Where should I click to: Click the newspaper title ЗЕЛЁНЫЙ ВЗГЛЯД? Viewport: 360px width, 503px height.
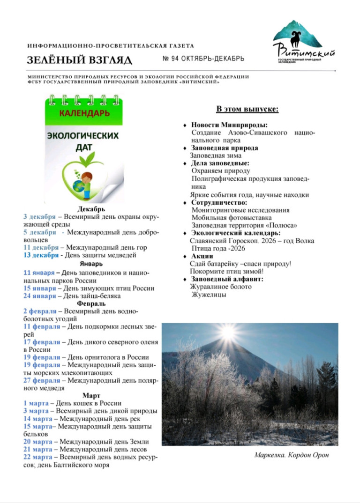[x=80, y=60]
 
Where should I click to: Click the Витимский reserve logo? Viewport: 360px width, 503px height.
[x=303, y=43]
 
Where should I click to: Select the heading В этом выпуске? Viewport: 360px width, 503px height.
[x=247, y=109]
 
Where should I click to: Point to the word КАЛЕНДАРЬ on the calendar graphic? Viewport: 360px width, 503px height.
[x=84, y=113]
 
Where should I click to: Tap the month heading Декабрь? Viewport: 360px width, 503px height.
[x=91, y=209]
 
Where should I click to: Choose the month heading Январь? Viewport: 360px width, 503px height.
[x=91, y=264]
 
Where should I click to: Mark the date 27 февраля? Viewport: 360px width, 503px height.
[x=42, y=380]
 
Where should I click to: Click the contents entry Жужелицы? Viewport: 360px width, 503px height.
[x=209, y=295]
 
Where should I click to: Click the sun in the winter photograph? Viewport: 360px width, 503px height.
[x=228, y=332]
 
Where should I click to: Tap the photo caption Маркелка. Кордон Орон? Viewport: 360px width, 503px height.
[x=291, y=455]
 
